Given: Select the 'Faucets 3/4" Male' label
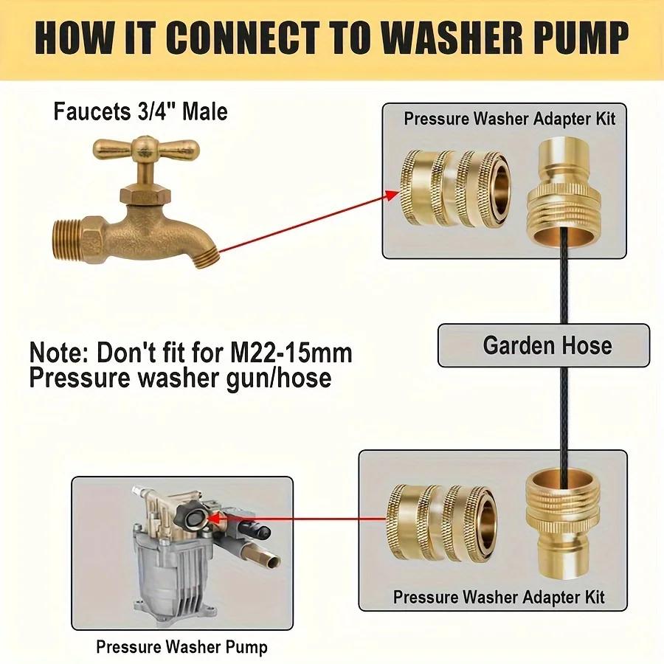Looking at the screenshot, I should (x=140, y=112).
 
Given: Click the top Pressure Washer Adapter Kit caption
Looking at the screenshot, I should (x=509, y=118).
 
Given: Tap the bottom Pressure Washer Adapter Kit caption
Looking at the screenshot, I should (x=499, y=596).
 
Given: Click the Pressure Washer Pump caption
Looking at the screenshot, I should (x=181, y=647).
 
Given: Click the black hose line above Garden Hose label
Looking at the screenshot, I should (x=563, y=288).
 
